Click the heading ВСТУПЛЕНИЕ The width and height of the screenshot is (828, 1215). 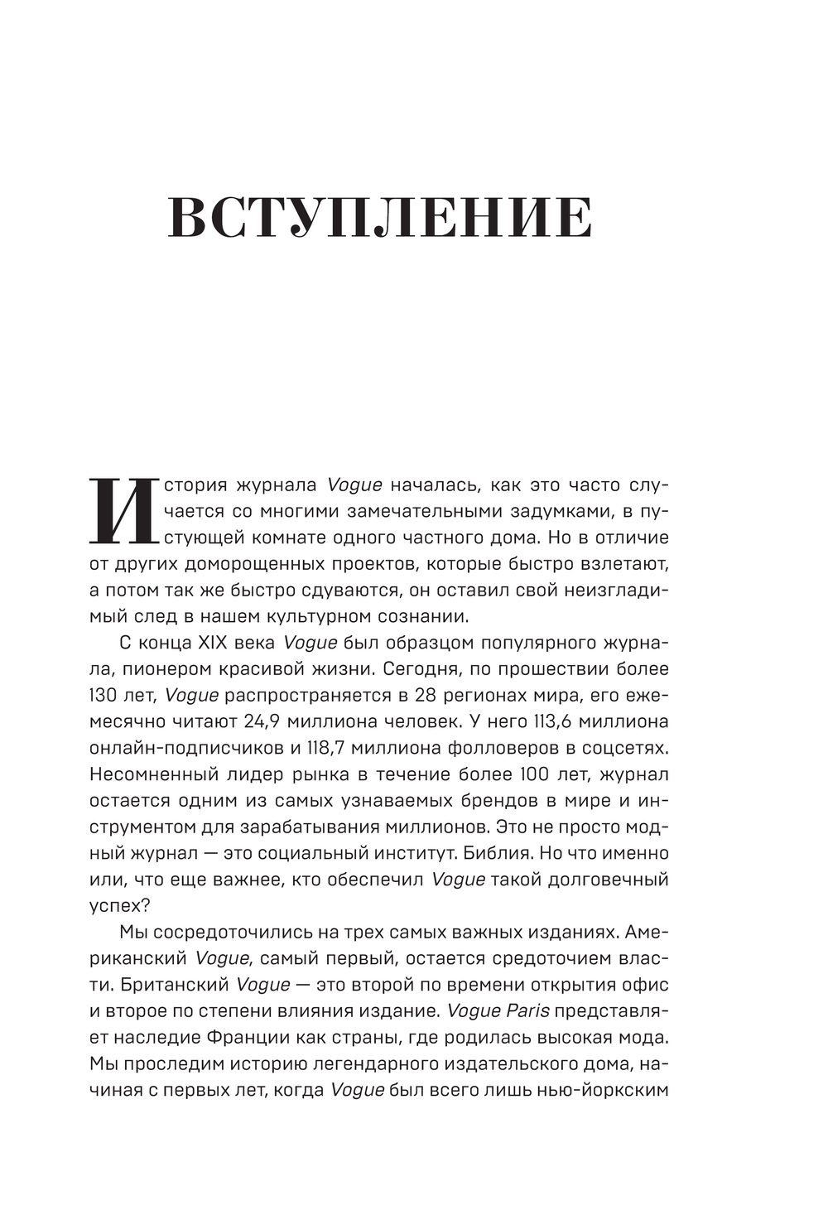click(x=380, y=219)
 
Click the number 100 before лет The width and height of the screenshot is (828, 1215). click(x=542, y=774)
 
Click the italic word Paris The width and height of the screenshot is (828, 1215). click(x=528, y=1011)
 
